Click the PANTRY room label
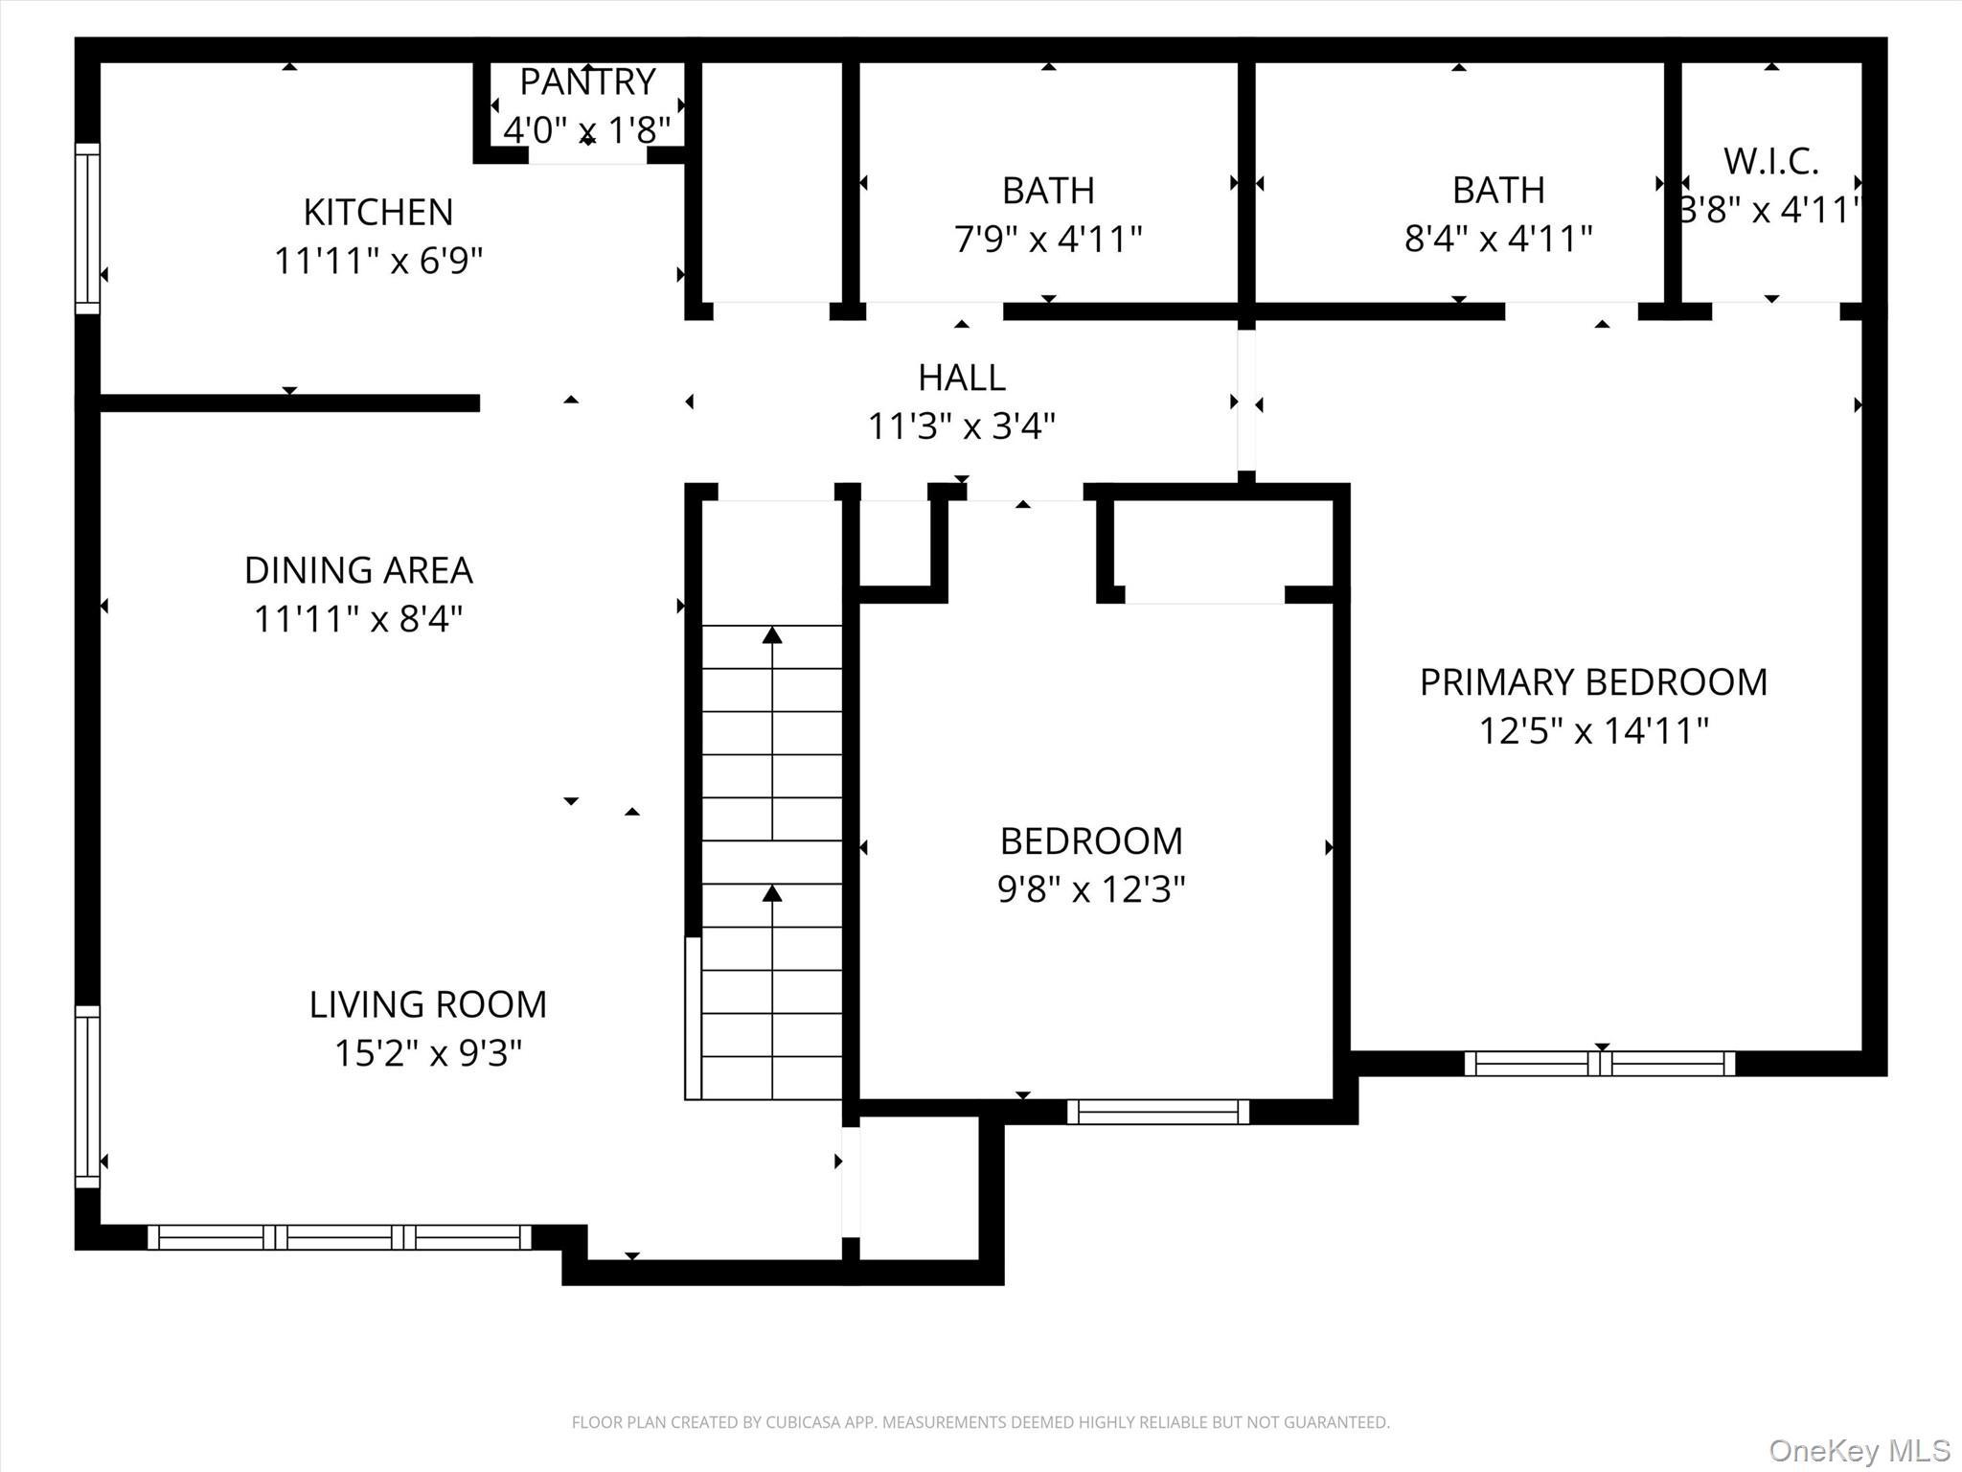587,82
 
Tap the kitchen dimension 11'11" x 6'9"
378,261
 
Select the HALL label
962,378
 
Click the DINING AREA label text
358,570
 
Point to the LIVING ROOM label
427,1004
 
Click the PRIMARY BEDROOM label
1593,682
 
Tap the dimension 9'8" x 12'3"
1091,890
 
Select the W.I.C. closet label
1770,162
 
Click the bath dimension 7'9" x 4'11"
1048,239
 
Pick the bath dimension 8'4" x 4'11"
1498,239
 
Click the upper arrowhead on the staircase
772,635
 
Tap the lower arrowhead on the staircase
772,894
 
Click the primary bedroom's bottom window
1600,1064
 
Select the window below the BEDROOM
1158,1112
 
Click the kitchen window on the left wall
87,228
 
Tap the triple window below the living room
339,1237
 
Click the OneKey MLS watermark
1859,1450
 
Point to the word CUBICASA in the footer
803,1423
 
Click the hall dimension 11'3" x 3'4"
962,426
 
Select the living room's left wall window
87,1096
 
